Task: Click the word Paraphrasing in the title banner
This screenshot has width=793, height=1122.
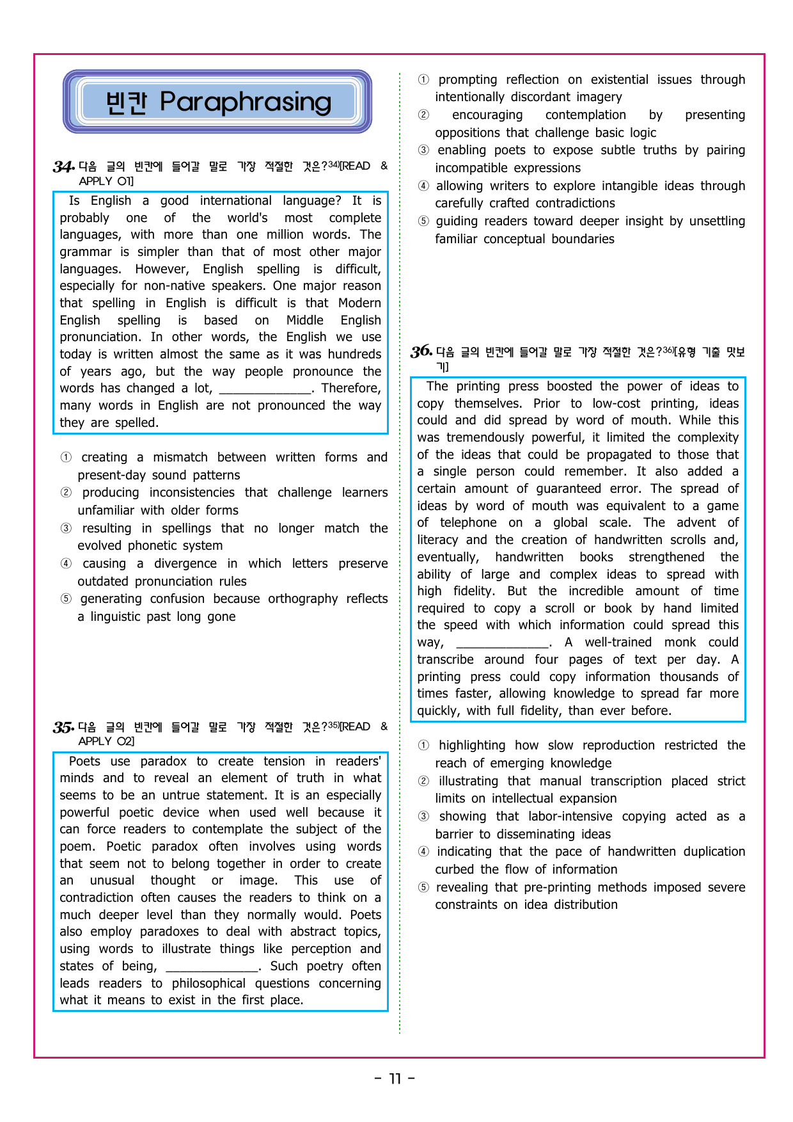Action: [x=246, y=102]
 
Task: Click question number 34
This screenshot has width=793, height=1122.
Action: [x=63, y=167]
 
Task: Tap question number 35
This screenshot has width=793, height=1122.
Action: [x=63, y=727]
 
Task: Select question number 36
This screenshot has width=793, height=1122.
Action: [x=421, y=351]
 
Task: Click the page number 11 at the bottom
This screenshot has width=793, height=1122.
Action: [x=395, y=1079]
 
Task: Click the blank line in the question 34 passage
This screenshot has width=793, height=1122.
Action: [x=265, y=389]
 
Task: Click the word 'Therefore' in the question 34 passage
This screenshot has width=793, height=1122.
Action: [x=350, y=389]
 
